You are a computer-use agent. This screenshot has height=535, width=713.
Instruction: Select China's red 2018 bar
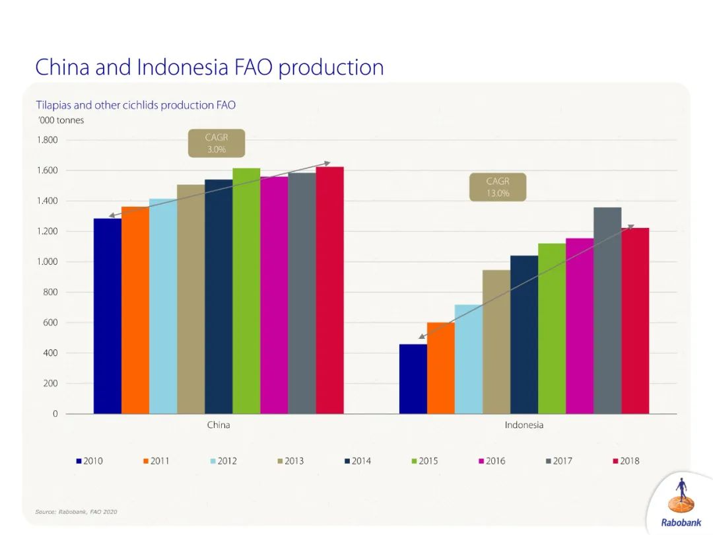[x=329, y=291]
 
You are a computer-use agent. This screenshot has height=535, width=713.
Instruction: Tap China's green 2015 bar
[x=246, y=291]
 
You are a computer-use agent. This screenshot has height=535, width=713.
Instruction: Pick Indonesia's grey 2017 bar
[x=607, y=310]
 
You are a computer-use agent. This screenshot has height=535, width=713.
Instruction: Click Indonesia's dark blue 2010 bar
[x=413, y=379]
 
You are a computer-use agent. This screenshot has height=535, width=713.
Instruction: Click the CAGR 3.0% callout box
[x=216, y=143]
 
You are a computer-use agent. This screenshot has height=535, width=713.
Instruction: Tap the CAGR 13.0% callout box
[x=498, y=187]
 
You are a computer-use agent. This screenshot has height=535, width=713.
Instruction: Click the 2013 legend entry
[x=290, y=461]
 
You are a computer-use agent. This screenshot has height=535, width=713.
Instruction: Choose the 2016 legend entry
[x=492, y=461]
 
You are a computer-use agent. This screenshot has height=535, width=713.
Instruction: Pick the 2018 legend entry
[x=626, y=461]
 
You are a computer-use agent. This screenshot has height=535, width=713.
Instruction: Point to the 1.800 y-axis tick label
[x=47, y=140]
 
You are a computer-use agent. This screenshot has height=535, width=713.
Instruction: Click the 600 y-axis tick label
[x=51, y=323]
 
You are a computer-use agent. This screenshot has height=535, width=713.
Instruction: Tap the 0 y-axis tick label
[x=55, y=414]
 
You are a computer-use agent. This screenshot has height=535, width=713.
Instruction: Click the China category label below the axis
[x=219, y=425]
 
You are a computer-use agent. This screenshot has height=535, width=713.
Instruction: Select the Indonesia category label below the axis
[x=524, y=425]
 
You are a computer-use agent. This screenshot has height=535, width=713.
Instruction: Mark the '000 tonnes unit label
[x=60, y=120]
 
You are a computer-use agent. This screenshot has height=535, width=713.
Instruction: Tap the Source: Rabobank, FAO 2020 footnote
[x=76, y=512]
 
